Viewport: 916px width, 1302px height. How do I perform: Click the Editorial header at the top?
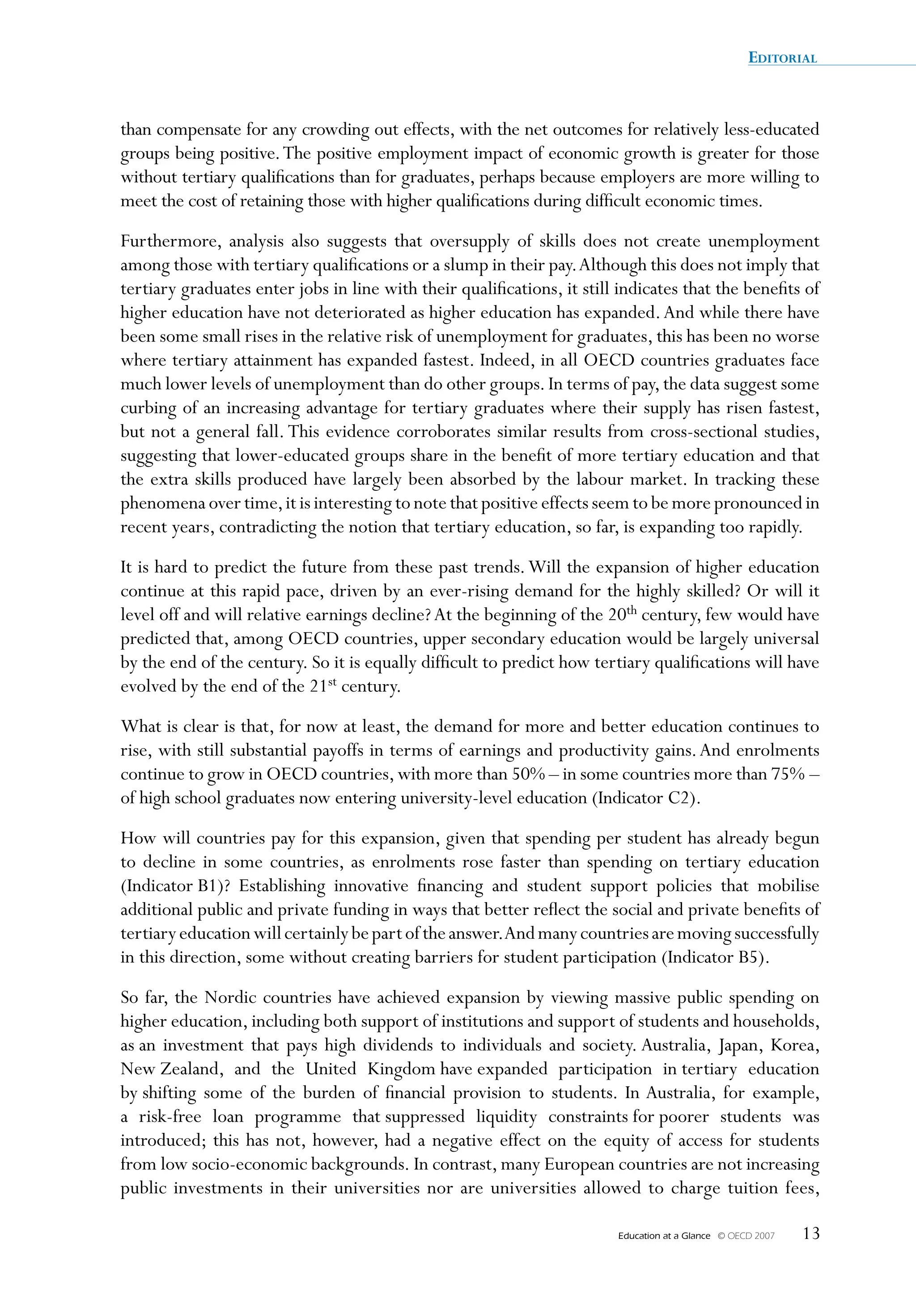(782, 58)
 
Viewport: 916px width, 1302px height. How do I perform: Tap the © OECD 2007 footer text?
(746, 1236)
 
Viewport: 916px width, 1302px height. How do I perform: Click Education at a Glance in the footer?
(664, 1236)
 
